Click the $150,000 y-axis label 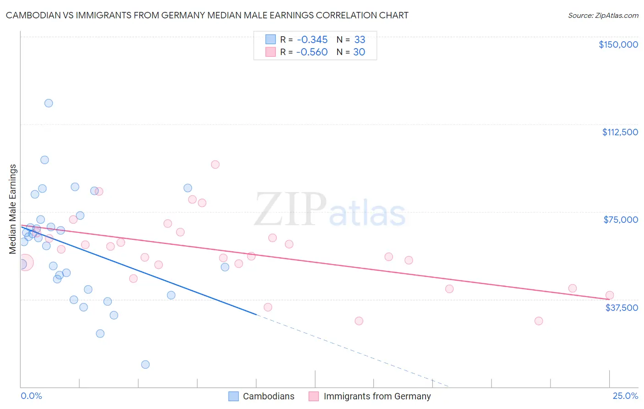[618, 44]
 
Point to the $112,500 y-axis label [620, 132]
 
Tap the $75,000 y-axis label [621, 220]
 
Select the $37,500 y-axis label [622, 308]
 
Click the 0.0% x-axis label [31, 396]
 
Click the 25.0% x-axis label [625, 396]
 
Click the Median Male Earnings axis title [13, 209]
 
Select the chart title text [207, 15]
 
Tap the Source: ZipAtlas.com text [603, 15]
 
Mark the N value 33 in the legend [360, 39]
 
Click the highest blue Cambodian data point [49, 103]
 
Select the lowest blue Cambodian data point [145, 365]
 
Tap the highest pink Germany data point [215, 165]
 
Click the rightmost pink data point [609, 295]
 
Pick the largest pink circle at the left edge [25, 263]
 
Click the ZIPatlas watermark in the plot [330, 210]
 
